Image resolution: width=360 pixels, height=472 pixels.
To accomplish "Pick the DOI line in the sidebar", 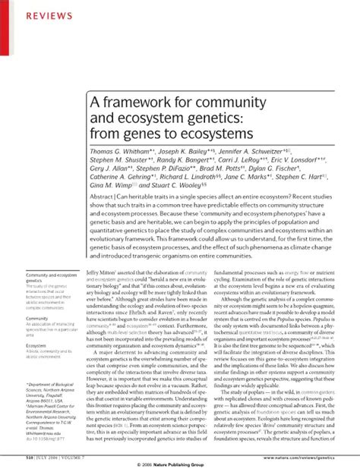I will [47, 438].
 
